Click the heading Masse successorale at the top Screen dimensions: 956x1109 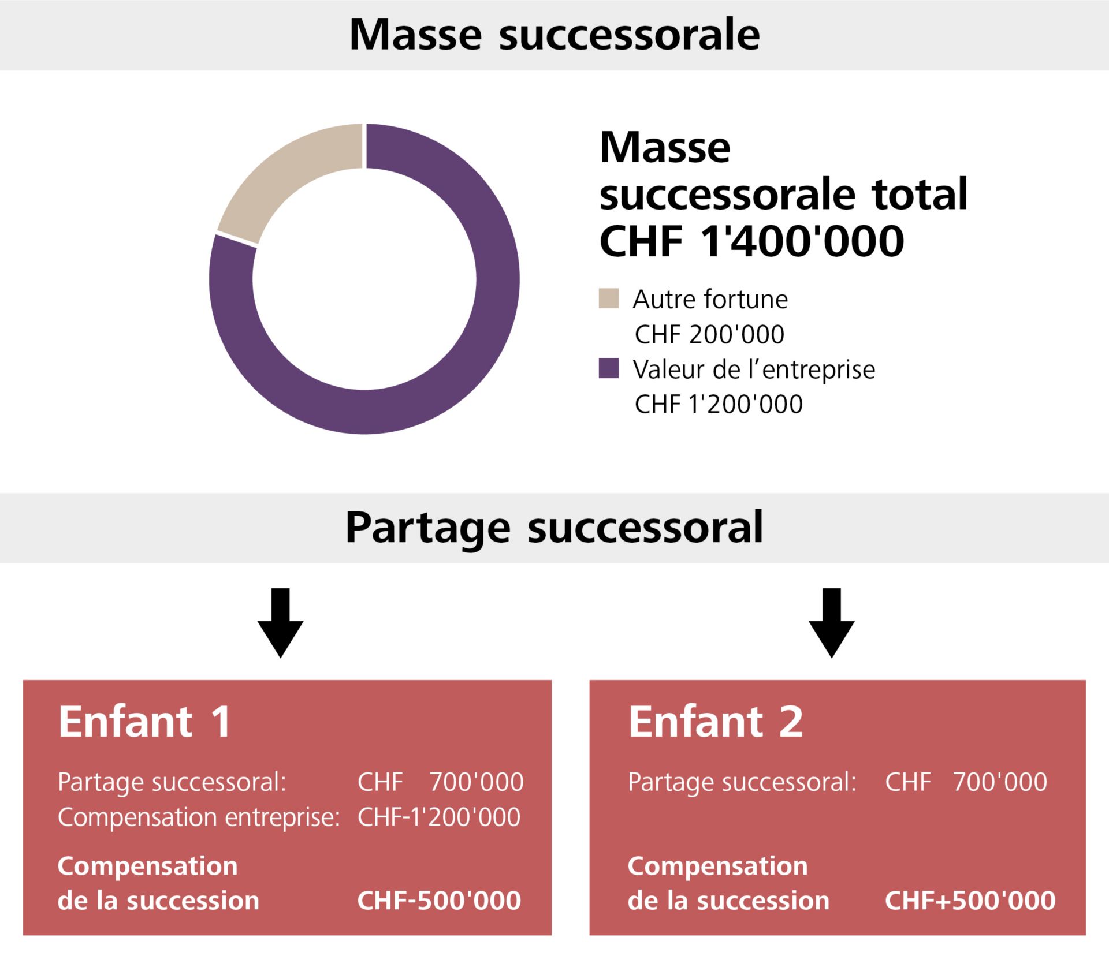click(554, 35)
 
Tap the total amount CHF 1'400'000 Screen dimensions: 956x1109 click(751, 241)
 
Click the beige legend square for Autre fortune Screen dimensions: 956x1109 click(608, 298)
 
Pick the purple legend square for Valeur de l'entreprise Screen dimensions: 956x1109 click(608, 368)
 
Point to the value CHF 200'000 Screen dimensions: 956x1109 click(709, 334)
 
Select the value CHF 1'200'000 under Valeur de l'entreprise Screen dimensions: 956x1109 click(719, 404)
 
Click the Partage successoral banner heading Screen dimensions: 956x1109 click(554, 527)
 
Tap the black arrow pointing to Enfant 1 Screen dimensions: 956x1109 click(280, 623)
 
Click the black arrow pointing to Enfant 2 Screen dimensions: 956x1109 click(831, 623)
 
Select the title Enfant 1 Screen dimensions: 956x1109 click(144, 722)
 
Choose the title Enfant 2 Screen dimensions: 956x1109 click(716, 722)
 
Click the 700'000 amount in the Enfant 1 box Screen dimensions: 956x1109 click(476, 782)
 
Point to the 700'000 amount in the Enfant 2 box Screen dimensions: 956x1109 click(999, 782)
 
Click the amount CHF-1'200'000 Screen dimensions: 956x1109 click(439, 817)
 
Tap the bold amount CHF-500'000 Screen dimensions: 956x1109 click(439, 901)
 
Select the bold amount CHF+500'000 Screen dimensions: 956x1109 click(970, 901)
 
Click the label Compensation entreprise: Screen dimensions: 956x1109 click(199, 817)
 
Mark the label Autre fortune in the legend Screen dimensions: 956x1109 click(710, 299)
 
